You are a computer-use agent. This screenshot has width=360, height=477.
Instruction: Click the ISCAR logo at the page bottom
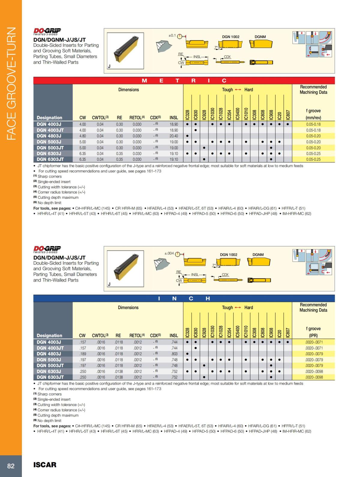coord(45,465)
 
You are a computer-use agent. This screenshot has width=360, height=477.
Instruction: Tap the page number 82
coord(11,466)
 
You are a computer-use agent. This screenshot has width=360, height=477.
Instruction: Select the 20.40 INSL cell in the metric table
coord(174,136)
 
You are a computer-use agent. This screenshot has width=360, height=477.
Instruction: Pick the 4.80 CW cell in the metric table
coord(82,136)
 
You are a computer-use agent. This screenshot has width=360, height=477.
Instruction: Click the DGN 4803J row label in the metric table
coord(49,136)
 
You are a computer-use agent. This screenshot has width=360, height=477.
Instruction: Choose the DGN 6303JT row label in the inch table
coord(50,377)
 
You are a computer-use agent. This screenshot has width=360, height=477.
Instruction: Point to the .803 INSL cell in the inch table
coord(174,354)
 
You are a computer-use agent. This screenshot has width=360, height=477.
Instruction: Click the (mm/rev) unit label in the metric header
coord(313,118)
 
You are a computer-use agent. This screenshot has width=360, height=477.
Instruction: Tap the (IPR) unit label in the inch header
coord(313,335)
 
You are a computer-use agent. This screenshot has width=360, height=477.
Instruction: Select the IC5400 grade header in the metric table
coord(238,114)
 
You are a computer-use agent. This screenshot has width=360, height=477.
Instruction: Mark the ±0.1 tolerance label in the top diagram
coord(172,35)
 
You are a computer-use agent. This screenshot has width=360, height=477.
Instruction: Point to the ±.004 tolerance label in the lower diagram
coord(169,253)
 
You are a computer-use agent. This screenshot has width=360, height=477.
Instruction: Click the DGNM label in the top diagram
coord(260,37)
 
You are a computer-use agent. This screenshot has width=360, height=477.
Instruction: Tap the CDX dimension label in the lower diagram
coord(225,275)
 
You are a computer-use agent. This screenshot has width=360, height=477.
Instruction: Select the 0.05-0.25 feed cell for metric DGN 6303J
coord(313,154)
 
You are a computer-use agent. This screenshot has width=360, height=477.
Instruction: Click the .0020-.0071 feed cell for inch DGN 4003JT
coord(314,348)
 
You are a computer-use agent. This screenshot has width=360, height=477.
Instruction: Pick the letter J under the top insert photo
coord(109,67)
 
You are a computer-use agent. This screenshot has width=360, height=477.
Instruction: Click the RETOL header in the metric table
coord(137,118)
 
